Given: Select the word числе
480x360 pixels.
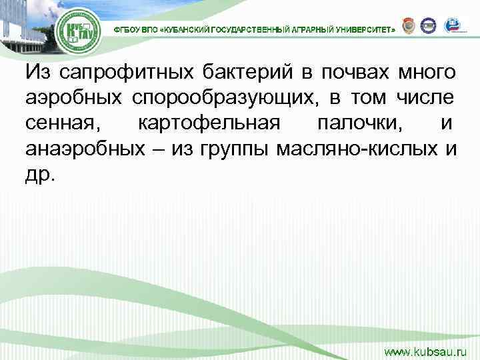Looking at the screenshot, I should (427, 98).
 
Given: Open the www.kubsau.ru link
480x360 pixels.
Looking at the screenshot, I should (427, 349).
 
